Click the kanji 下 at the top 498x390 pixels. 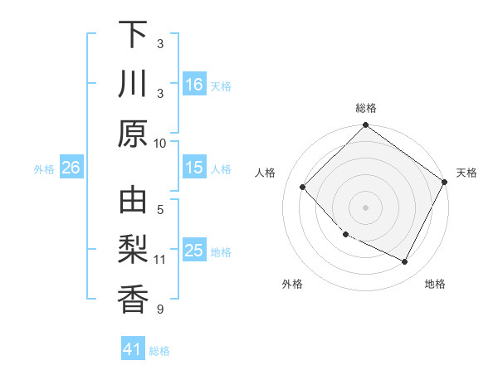(133, 35)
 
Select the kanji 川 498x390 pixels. (133, 84)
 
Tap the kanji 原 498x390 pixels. (133, 133)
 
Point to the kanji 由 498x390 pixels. (133, 202)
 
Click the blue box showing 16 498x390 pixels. (194, 84)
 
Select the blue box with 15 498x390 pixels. (194, 168)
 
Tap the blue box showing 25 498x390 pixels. (194, 251)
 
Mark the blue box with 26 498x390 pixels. (71, 168)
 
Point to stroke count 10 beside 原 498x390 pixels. (160, 143)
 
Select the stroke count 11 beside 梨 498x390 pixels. (160, 260)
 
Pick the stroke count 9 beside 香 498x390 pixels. (160, 310)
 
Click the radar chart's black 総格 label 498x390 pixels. (365, 108)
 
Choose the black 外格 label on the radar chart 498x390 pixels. (292, 284)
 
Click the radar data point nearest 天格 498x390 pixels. (444, 183)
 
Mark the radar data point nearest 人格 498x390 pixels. (303, 188)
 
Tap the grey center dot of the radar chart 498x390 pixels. (365, 207)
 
